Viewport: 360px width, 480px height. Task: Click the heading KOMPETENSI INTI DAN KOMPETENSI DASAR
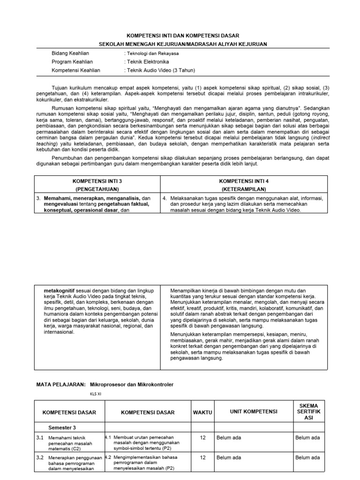coord(183,36)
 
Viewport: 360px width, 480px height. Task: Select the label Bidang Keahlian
coord(70,53)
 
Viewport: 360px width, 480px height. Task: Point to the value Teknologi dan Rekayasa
coord(152,53)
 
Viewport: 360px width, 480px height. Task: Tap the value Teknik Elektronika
coord(147,62)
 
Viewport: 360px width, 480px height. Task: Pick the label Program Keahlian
coord(72,62)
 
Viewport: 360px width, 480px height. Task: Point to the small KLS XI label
coord(95,394)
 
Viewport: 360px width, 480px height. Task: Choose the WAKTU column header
coord(202,412)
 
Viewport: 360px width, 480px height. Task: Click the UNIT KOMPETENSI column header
coord(253,412)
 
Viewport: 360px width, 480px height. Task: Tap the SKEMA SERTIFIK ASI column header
coord(308,412)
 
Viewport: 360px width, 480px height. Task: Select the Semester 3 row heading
coord(62,427)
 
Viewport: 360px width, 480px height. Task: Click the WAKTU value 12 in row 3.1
coord(202,438)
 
